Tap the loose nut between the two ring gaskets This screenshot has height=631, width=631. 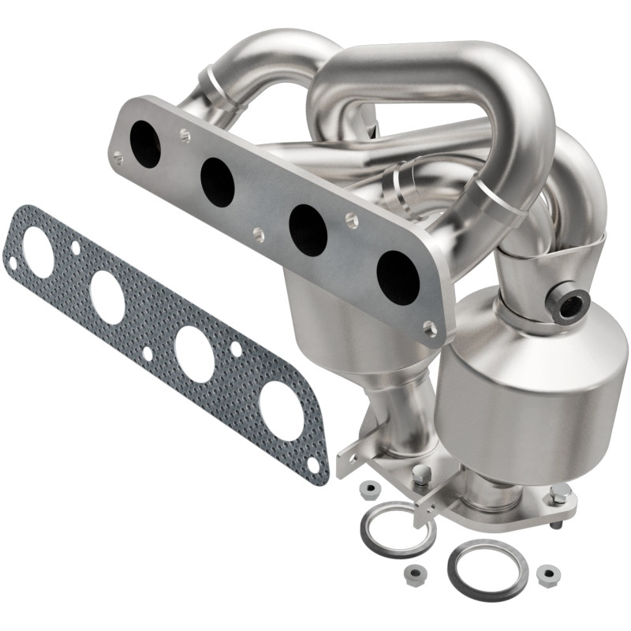[410, 572]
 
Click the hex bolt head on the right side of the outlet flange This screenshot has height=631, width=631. [561, 495]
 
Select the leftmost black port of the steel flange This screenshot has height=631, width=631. [146, 144]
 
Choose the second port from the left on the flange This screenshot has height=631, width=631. [217, 182]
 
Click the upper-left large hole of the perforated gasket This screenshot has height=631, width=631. [38, 252]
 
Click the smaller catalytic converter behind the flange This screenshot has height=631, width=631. [331, 323]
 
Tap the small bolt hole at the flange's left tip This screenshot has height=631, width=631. [118, 158]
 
